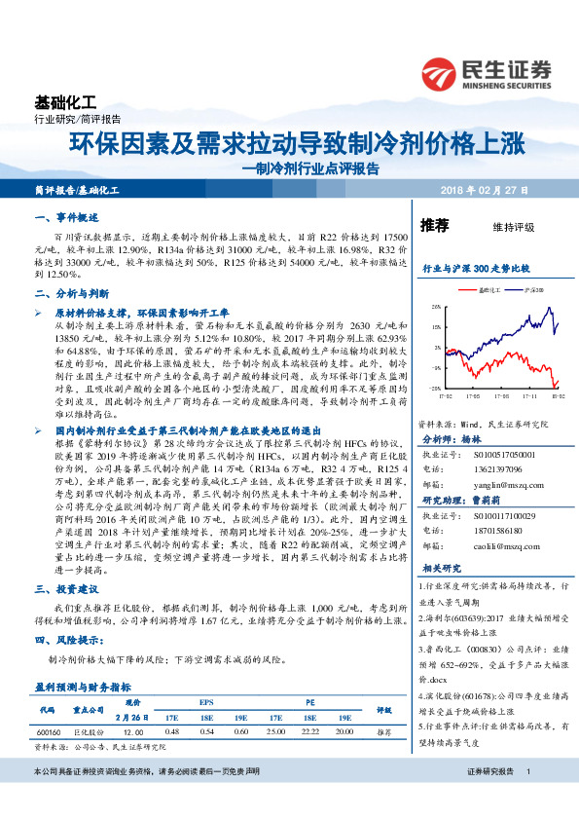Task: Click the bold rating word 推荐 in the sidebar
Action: pyautogui.click(x=434, y=225)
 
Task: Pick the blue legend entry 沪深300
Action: pyautogui.click(x=532, y=289)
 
